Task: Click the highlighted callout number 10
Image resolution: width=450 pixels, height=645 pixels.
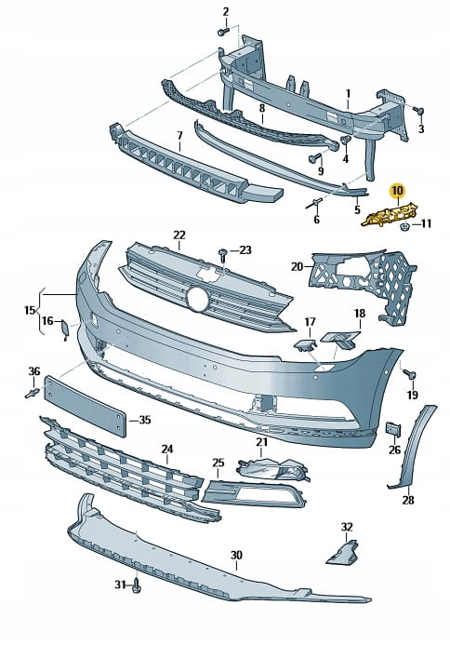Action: pyautogui.click(x=397, y=191)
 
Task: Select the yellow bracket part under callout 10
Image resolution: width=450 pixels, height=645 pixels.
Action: pyautogui.click(x=390, y=214)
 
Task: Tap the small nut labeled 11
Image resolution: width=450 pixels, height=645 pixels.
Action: pyautogui.click(x=404, y=225)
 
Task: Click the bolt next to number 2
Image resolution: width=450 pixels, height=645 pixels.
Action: pyautogui.click(x=223, y=32)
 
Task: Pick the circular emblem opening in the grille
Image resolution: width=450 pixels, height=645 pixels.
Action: pyautogui.click(x=199, y=299)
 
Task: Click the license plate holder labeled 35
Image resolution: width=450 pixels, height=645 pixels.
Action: pyautogui.click(x=86, y=406)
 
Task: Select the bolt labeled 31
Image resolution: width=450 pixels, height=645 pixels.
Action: pyautogui.click(x=137, y=585)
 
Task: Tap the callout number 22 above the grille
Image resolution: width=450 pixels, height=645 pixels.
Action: pyautogui.click(x=179, y=235)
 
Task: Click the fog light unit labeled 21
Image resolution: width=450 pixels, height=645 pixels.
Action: pyautogui.click(x=272, y=468)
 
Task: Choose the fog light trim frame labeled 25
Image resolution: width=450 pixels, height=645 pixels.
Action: pyautogui.click(x=253, y=493)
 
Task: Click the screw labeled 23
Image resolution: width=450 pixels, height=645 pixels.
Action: pyautogui.click(x=223, y=255)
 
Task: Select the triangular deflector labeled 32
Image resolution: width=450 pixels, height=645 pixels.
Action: pyautogui.click(x=343, y=553)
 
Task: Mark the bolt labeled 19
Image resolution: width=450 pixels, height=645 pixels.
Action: pyautogui.click(x=410, y=374)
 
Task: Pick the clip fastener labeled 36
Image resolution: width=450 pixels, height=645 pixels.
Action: pyautogui.click(x=32, y=393)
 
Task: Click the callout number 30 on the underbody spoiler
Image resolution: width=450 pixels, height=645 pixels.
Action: pyautogui.click(x=236, y=556)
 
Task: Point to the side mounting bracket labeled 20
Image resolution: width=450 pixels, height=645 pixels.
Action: pyautogui.click(x=364, y=284)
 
